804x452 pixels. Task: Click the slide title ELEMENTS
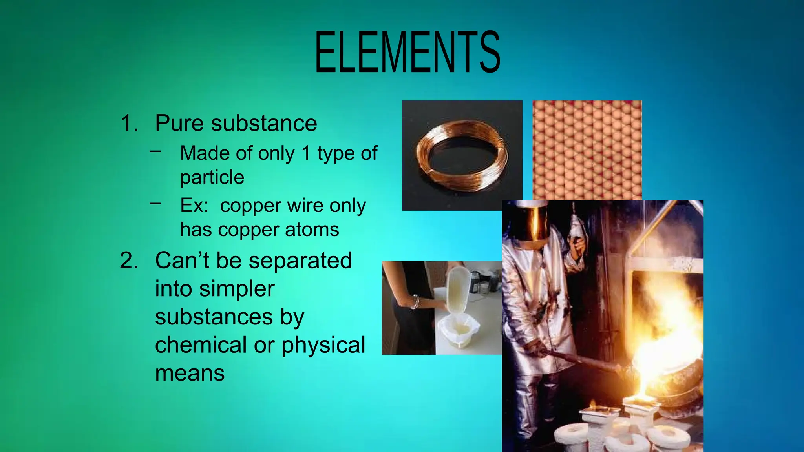coord(407,53)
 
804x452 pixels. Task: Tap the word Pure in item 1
coord(180,123)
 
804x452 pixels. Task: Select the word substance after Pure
coord(264,123)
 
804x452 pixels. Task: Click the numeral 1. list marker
coord(129,123)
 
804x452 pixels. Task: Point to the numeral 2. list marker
coord(129,261)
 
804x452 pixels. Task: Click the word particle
coord(212,178)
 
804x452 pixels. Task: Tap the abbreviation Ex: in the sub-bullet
coord(194,205)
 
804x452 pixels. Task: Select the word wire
coord(305,205)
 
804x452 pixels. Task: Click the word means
coord(190,373)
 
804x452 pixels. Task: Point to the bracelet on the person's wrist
coord(415,302)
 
